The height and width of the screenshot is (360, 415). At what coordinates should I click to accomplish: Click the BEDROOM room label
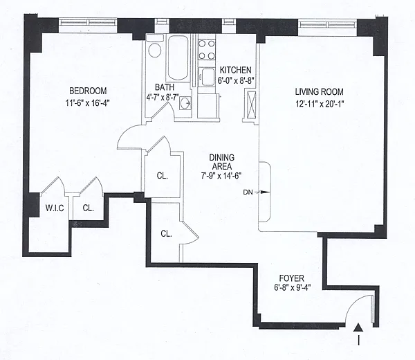pyautogui.click(x=88, y=91)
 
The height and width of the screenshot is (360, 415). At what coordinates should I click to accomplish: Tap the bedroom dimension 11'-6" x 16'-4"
pyautogui.click(x=88, y=102)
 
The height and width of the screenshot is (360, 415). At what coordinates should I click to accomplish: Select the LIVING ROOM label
pyautogui.click(x=319, y=92)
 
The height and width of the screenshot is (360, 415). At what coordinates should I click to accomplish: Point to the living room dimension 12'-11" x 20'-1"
pyautogui.click(x=320, y=104)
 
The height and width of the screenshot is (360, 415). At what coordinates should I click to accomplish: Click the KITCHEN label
pyautogui.click(x=236, y=70)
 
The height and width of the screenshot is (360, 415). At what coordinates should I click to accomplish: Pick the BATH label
pyautogui.click(x=165, y=87)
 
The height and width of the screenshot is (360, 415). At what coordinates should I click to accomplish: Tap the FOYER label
pyautogui.click(x=292, y=278)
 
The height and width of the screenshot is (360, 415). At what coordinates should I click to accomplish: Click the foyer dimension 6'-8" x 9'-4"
pyautogui.click(x=292, y=287)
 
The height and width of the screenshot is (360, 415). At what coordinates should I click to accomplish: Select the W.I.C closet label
pyautogui.click(x=55, y=208)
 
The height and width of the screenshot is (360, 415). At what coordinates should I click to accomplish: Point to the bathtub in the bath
pyautogui.click(x=178, y=57)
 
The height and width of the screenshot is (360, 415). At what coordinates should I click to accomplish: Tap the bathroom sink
pyautogui.click(x=185, y=102)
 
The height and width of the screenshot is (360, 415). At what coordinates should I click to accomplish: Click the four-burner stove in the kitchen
pyautogui.click(x=206, y=50)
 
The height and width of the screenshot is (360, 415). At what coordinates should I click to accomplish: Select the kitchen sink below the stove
pyautogui.click(x=207, y=77)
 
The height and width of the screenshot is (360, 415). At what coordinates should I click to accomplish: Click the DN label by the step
pyautogui.click(x=248, y=192)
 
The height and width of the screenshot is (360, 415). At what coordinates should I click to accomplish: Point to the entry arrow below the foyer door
pyautogui.click(x=358, y=334)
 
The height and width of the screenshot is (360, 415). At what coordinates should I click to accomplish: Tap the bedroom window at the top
pyautogui.click(x=88, y=22)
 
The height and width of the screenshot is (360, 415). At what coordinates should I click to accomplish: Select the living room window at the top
pyautogui.click(x=328, y=24)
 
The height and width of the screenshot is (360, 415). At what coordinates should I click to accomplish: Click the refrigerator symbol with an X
pyautogui.click(x=252, y=105)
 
